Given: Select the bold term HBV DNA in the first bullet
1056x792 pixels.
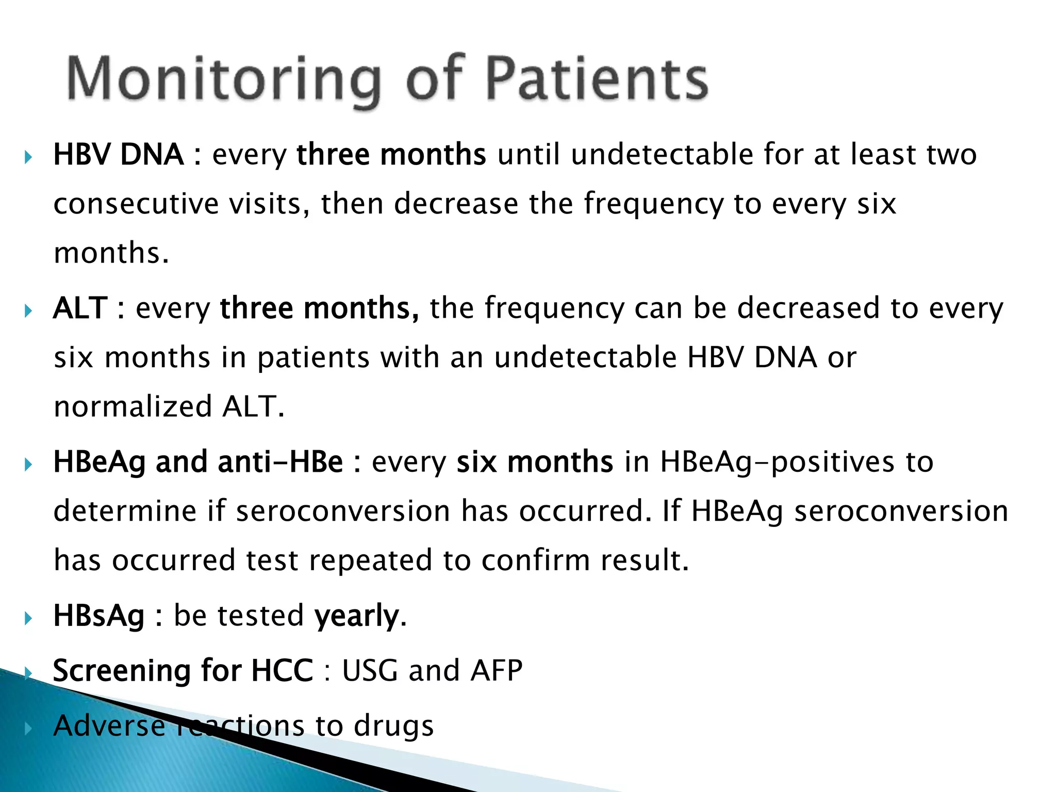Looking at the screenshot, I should tap(119, 154).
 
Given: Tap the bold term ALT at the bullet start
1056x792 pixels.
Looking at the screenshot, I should tap(80, 308).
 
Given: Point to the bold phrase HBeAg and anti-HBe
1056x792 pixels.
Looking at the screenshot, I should tap(198, 461).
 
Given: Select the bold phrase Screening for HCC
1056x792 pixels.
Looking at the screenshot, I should tap(183, 670).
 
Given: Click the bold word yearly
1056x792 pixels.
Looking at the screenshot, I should tap(357, 616).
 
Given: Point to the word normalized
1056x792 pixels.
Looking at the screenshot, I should tap(133, 406).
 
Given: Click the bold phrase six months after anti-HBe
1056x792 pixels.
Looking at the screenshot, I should tap(535, 461).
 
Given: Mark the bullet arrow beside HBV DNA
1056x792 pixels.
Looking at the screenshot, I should tap(29, 157).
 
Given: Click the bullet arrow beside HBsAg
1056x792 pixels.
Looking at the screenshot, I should tap(29, 618).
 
